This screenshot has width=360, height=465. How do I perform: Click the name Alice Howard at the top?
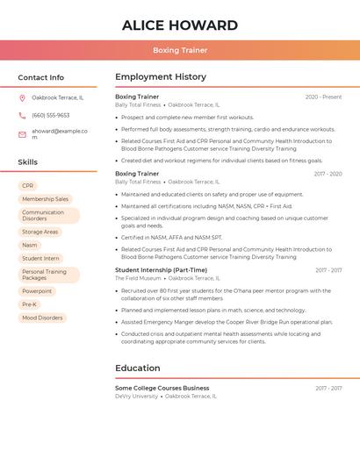coord(180,25)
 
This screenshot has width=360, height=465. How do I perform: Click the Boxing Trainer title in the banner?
coord(180,50)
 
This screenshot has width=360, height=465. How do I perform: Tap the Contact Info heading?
coord(41,77)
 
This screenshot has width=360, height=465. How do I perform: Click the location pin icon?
coord(22,98)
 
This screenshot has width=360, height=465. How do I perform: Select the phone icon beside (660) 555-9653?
coord(22,115)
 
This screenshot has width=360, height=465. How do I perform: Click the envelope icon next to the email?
coord(22,134)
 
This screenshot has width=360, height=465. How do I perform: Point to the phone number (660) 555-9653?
coord(51,115)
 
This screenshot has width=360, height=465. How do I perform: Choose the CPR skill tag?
coord(28,186)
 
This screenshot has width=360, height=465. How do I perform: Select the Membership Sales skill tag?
coord(45,199)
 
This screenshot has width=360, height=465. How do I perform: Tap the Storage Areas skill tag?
coord(40,232)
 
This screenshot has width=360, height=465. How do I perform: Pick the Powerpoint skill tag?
coord(37,291)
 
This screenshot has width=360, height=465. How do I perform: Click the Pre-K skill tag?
coord(30,304)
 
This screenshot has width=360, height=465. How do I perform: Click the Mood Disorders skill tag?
coord(42,318)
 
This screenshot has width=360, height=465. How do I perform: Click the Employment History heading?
coord(161,77)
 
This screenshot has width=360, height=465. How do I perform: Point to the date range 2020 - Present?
coord(324,97)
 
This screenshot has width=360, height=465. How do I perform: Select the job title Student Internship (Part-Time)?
coord(162,270)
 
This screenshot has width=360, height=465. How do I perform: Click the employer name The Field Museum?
coord(138,278)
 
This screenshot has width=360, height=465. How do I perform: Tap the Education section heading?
coord(138,368)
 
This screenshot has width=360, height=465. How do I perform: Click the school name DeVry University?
coord(136,396)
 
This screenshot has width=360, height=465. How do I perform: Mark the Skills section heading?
coord(28,162)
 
